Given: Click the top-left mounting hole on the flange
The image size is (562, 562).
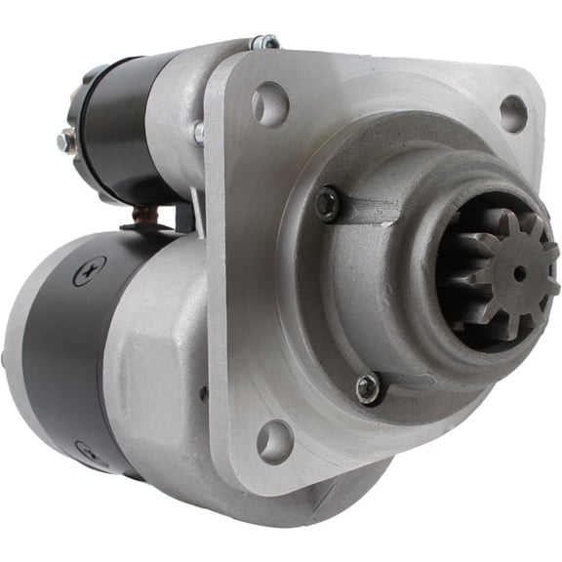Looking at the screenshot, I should (269, 103).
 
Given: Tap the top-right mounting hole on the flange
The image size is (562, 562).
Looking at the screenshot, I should (513, 113).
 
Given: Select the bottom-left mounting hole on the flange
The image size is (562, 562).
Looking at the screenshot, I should (273, 442).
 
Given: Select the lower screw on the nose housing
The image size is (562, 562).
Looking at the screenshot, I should (369, 387).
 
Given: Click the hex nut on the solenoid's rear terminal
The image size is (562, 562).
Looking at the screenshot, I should (65, 141).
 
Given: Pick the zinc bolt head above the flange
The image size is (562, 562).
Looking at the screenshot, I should (264, 43).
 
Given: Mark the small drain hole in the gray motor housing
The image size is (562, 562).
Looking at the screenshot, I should (203, 393).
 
